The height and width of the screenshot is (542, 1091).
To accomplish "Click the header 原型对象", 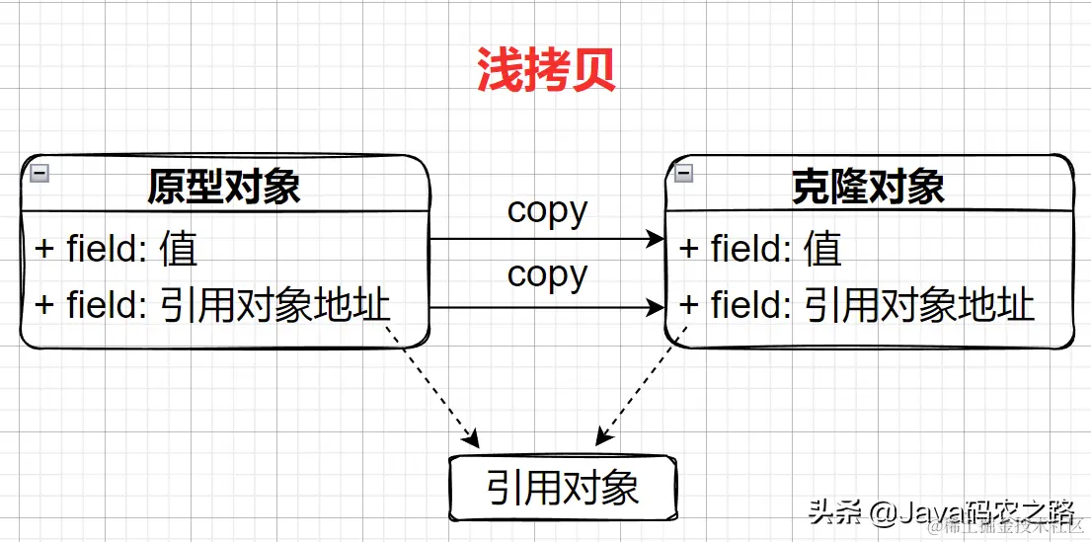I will coord(224,187).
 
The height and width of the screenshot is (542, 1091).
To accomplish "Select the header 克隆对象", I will coord(868,187).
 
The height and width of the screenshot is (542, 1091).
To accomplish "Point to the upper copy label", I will coord(547,210).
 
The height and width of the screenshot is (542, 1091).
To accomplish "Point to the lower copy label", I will coord(547,274).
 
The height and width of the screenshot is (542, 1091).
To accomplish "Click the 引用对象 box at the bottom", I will coord(563,488).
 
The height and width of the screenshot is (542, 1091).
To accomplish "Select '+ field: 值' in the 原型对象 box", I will coord(116,248).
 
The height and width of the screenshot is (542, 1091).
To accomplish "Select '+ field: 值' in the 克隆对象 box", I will coord(760,248).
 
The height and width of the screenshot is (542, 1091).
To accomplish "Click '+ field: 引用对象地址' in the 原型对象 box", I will coord(212,305).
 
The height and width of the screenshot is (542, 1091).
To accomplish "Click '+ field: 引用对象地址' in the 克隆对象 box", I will coord(857,305).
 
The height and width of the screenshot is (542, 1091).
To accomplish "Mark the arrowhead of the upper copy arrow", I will coord(657,239).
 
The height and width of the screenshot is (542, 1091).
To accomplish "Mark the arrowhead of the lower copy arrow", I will coord(657,308).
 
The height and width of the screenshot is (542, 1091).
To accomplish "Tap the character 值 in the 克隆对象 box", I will coord(823,248).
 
